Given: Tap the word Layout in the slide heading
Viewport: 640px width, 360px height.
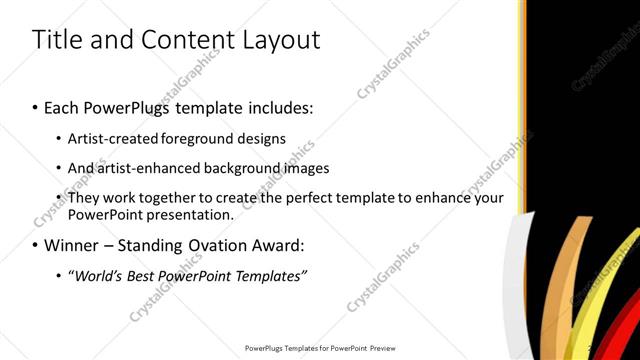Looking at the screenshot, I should pos(279,40).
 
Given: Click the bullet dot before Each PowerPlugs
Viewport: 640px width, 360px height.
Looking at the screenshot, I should pos(36,105).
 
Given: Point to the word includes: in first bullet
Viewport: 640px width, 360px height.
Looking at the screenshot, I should pos(276,105).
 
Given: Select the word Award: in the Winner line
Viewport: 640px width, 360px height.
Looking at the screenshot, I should pos(279,244).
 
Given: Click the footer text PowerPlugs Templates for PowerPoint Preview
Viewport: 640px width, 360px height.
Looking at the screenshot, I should pos(320,348).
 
